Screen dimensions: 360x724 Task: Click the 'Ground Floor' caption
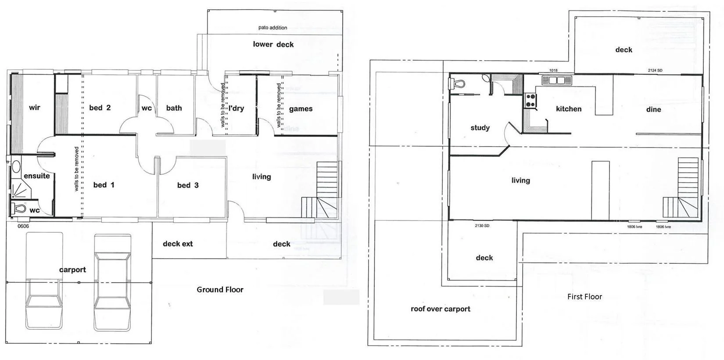click(220, 290)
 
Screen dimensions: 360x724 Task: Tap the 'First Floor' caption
click(584, 297)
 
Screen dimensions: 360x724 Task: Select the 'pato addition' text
click(272, 28)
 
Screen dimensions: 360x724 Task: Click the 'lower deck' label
click(273, 44)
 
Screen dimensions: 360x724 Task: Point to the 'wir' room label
click(34, 108)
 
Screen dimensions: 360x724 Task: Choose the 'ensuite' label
click(36, 176)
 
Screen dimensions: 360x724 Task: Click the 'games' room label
click(301, 109)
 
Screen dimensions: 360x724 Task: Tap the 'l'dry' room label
click(236, 108)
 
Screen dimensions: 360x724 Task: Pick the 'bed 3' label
click(188, 185)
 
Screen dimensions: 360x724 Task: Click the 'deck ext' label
click(178, 244)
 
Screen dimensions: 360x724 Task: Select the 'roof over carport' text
click(440, 309)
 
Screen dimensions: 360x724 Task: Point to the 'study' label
click(480, 128)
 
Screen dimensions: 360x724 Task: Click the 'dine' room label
click(653, 109)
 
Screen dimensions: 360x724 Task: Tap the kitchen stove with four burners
click(530, 101)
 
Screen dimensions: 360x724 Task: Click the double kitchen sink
click(556, 80)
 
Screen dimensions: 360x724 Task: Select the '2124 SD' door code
click(655, 70)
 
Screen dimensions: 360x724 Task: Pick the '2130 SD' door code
click(482, 226)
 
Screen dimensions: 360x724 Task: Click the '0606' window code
click(23, 227)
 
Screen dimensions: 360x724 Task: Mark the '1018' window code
click(553, 70)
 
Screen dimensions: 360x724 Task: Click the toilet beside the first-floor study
click(457, 83)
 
